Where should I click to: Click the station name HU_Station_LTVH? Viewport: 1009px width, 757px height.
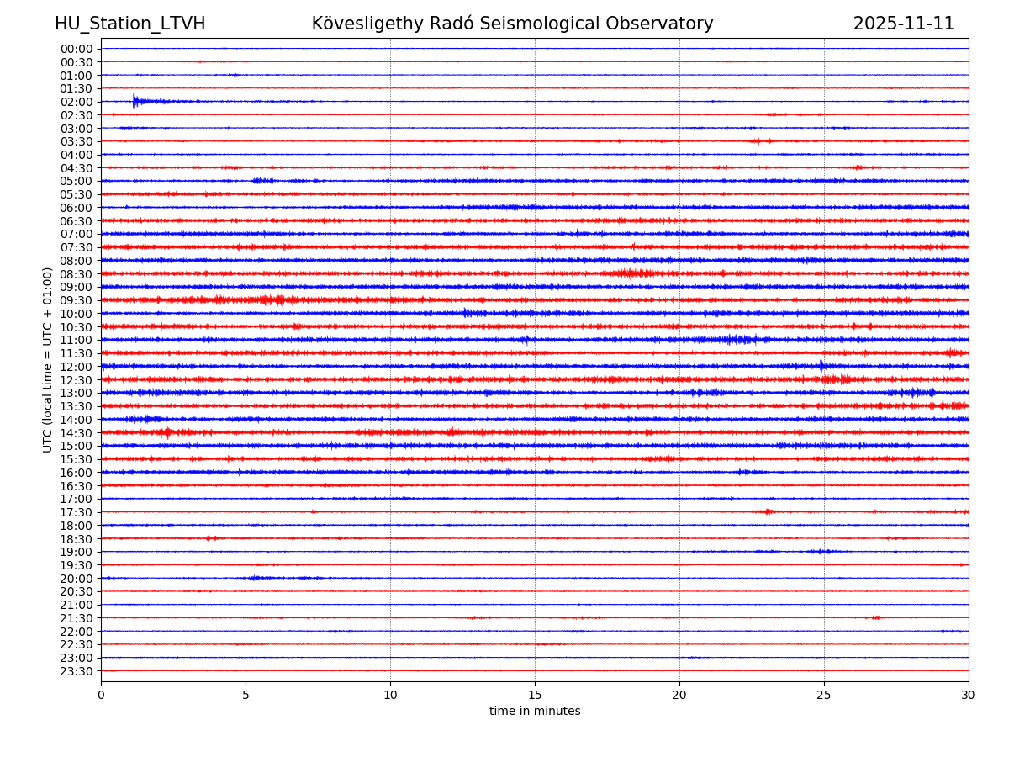pos(129,24)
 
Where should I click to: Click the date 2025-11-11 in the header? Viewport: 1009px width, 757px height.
pos(904,24)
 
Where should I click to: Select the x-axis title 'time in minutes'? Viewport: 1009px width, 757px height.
pos(535,712)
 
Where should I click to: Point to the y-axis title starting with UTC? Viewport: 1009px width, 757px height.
pos(48,359)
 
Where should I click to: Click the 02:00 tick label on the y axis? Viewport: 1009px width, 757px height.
pos(77,102)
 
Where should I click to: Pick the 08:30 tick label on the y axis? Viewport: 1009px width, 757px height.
pos(77,274)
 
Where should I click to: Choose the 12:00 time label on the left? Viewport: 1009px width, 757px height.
pos(77,367)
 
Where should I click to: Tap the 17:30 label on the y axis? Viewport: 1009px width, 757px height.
pos(77,512)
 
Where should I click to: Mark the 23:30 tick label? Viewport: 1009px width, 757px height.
pos(77,671)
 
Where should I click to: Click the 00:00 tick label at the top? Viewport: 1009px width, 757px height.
pos(77,49)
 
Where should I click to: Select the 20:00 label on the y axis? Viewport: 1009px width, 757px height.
pos(77,579)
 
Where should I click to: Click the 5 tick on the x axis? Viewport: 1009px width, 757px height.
pos(246,695)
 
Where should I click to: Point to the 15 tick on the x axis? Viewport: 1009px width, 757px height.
pos(535,695)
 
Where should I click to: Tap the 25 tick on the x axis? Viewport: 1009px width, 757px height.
pos(824,695)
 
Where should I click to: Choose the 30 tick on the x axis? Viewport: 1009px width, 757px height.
pos(969,695)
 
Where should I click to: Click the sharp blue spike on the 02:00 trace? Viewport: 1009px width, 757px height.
pos(134,100)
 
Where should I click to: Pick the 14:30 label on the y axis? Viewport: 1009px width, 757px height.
pos(77,433)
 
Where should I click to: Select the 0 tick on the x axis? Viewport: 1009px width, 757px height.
pos(101,695)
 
